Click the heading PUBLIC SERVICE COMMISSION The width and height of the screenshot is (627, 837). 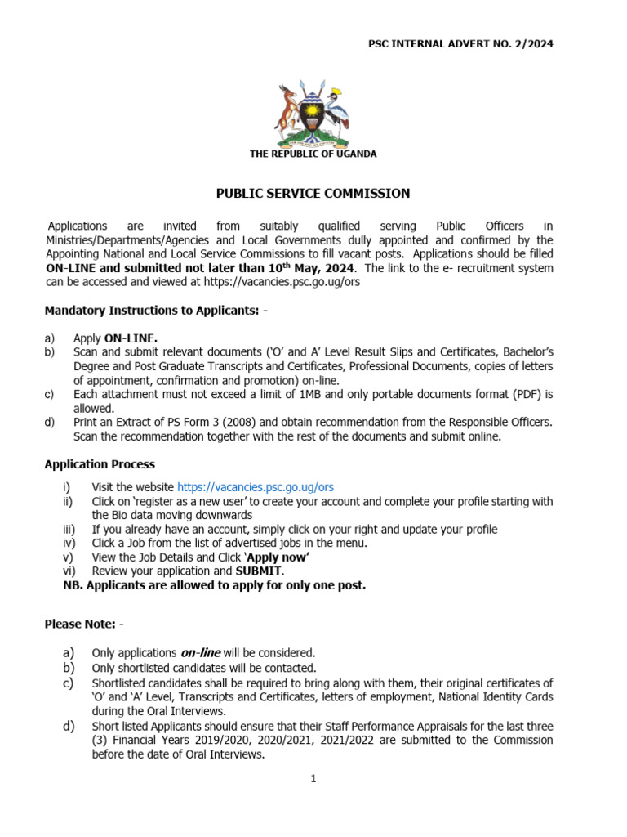pyautogui.click(x=313, y=194)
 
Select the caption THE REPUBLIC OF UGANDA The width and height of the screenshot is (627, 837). pyautogui.click(x=313, y=154)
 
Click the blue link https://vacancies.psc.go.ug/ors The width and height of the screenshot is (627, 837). pyautogui.click(x=244, y=486)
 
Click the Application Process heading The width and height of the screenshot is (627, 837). pyautogui.click(x=100, y=464)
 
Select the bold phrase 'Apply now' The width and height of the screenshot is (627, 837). pyautogui.click(x=278, y=557)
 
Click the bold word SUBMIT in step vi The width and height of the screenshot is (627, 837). pyautogui.click(x=259, y=571)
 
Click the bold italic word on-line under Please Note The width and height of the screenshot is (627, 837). pyautogui.click(x=200, y=652)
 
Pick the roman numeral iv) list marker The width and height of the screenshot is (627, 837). pyautogui.click(x=69, y=543)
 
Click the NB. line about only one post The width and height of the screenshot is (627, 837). pyautogui.click(x=215, y=585)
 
